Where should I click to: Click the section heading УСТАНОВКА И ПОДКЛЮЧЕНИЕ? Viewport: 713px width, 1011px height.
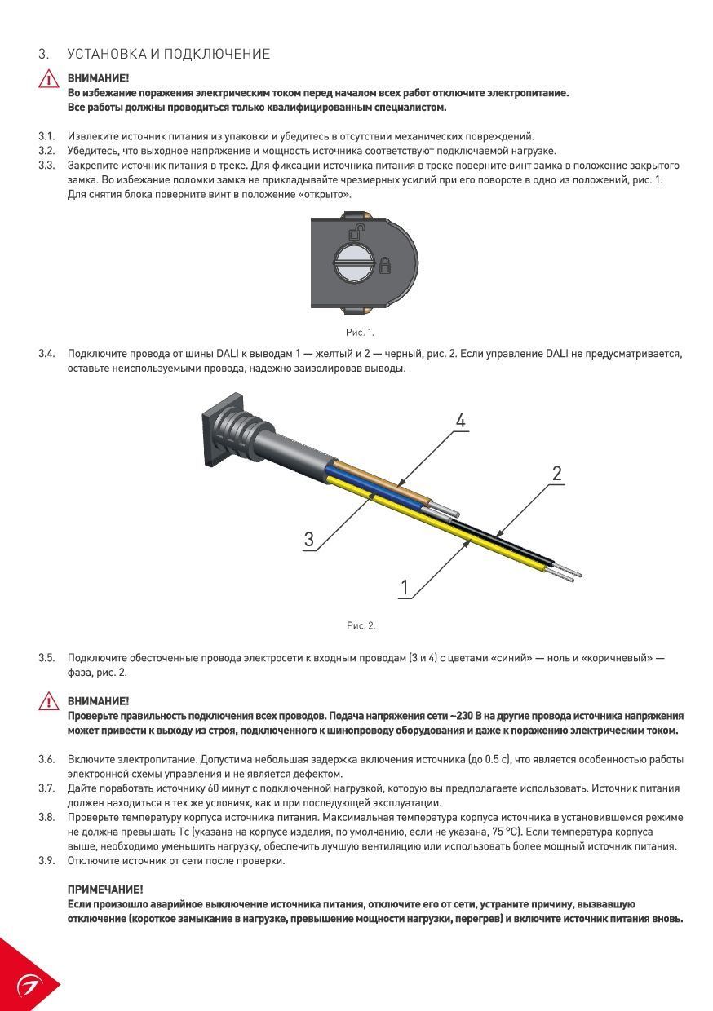tap(168, 54)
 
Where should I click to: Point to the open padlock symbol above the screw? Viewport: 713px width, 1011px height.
tap(356, 232)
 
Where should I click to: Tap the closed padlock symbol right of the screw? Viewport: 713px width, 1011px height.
tap(385, 264)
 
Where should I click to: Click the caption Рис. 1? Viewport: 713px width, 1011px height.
tap(359, 332)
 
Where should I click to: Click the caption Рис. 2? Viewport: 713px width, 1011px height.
tap(361, 625)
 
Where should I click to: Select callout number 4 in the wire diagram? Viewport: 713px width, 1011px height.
tap(460, 421)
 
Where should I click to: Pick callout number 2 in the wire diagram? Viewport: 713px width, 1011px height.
tap(556, 473)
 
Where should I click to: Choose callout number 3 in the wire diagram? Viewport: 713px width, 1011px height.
tap(309, 539)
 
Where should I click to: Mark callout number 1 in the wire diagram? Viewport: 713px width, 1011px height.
tap(405, 587)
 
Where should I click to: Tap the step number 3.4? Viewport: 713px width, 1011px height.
tap(46, 354)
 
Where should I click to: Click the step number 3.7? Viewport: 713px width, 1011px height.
tap(46, 788)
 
